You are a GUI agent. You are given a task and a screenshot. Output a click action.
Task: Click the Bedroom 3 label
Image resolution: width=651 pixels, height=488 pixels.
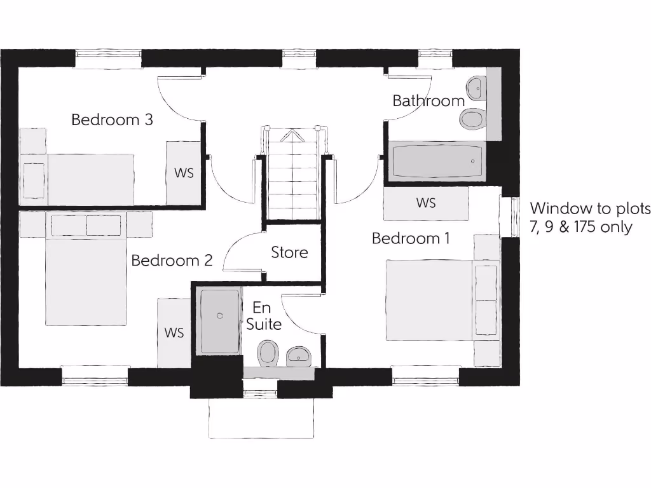tap(112, 119)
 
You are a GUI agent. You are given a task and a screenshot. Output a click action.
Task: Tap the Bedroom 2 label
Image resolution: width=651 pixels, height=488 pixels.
tap(172, 261)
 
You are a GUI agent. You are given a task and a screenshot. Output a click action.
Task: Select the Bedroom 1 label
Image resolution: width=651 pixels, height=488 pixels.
tap(411, 239)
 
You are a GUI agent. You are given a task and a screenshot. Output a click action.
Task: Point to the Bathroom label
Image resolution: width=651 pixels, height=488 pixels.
tap(428, 100)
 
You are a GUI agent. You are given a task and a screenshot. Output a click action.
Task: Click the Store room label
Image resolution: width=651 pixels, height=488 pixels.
tap(289, 252)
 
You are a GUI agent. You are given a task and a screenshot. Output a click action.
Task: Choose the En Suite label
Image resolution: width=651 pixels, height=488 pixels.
tap(263, 316)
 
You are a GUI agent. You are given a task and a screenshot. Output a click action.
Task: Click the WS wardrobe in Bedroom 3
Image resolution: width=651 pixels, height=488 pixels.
tap(184, 173)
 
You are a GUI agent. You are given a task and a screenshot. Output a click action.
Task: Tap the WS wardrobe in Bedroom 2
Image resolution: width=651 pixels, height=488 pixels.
tap(174, 332)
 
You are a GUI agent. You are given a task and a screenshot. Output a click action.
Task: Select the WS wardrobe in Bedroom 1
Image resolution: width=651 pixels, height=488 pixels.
tap(426, 203)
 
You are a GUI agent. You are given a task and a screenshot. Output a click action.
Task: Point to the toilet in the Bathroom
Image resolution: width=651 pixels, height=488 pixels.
tap(472, 118)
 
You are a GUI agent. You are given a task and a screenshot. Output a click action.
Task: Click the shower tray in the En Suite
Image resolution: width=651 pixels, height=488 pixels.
tap(220, 321)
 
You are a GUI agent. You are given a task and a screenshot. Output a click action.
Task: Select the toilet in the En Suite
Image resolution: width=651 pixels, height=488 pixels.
tap(268, 353)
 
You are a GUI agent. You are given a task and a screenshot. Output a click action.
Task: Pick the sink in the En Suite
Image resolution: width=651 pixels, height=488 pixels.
tap(298, 355)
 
